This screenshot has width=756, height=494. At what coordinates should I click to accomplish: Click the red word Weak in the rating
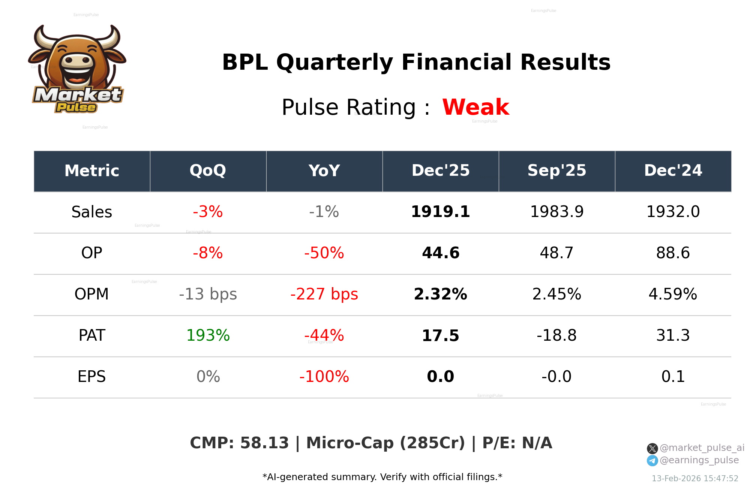(x=475, y=107)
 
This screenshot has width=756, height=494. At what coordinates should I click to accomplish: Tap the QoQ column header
(x=208, y=171)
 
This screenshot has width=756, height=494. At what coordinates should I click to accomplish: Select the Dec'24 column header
(x=673, y=171)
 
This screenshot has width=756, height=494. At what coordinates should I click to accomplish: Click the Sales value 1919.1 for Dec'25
(x=440, y=212)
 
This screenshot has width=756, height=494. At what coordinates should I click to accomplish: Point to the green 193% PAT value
(x=208, y=335)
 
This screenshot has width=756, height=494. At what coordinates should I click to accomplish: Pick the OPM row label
(x=91, y=294)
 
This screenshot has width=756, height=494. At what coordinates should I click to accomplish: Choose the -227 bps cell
(x=324, y=294)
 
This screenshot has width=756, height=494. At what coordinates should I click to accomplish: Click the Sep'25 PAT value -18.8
(x=556, y=335)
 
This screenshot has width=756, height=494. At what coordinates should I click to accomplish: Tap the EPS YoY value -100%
(x=324, y=377)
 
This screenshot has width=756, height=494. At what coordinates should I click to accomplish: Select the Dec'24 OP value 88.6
(x=673, y=253)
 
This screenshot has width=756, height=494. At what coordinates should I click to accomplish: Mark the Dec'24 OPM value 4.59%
(x=673, y=294)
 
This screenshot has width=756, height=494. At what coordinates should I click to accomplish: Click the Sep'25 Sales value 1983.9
(x=556, y=212)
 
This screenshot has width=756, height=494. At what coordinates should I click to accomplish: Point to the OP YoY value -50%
(x=324, y=253)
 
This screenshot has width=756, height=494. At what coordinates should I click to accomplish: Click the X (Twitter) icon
(x=652, y=448)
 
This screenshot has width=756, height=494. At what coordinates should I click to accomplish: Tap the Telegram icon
(x=652, y=461)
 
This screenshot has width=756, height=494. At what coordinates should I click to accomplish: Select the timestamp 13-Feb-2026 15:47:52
(x=694, y=479)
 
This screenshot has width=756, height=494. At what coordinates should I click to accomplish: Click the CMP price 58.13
(x=264, y=443)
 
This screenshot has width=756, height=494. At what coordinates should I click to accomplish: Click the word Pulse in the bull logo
(x=76, y=108)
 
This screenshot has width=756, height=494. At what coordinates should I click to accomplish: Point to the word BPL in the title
(x=244, y=62)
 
